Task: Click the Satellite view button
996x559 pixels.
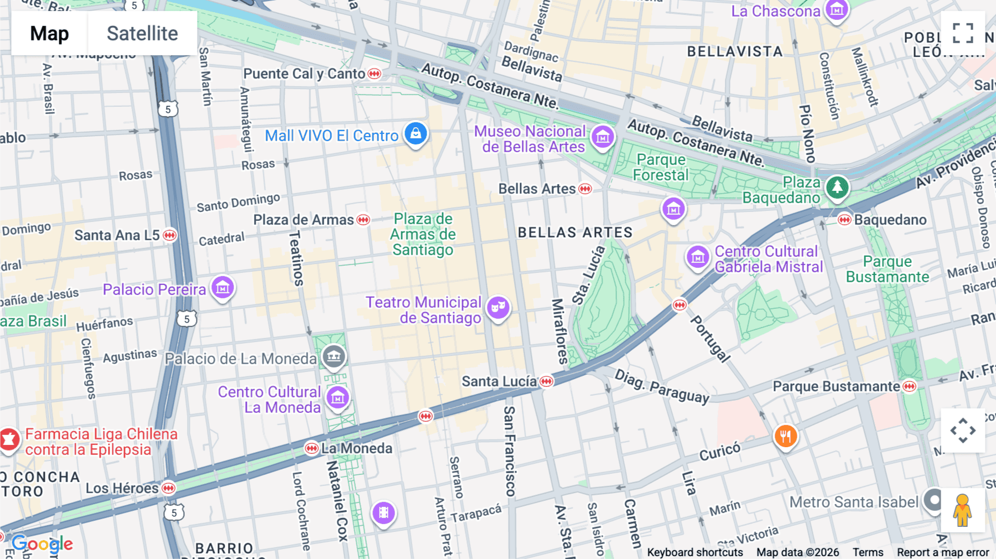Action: (142, 33)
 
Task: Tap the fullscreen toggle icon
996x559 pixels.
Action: (963, 33)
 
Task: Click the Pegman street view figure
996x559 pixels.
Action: (963, 510)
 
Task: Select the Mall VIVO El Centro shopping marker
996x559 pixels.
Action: (416, 134)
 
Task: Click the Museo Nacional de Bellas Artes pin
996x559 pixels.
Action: (603, 137)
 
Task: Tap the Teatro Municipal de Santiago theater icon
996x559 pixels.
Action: (498, 307)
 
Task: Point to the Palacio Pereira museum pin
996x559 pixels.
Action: (223, 288)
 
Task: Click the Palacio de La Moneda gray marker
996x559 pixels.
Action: (334, 356)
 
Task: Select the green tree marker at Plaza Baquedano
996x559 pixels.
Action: (837, 187)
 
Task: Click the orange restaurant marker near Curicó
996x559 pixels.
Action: (785, 436)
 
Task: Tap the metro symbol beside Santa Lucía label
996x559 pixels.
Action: (547, 381)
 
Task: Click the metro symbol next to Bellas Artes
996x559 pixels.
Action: (585, 189)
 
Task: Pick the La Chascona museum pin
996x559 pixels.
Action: (837, 11)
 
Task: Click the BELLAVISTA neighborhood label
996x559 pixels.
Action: (735, 51)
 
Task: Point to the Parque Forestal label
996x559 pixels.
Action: (661, 167)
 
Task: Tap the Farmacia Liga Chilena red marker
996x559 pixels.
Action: (9, 440)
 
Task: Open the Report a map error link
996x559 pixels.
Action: (943, 552)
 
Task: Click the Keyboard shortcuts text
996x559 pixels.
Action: (695, 552)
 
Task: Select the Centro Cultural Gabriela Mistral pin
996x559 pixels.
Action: (698, 258)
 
